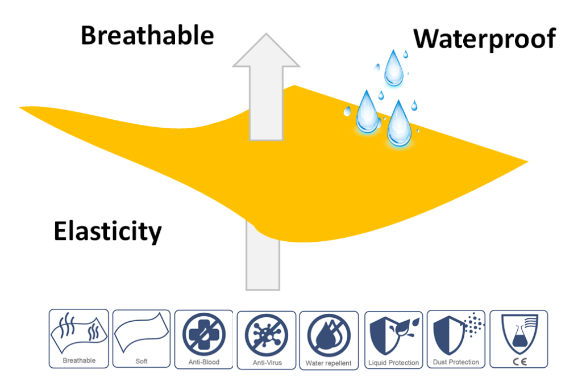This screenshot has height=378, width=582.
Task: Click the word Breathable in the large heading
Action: tap(147, 36)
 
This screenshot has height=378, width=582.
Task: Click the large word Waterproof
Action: tap(484, 39)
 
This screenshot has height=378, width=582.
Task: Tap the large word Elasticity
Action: tap(107, 232)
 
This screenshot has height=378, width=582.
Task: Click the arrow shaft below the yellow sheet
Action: tap(263, 259)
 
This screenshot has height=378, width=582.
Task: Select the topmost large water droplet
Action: tap(393, 69)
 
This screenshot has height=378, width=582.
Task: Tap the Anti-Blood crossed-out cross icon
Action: tap(204, 334)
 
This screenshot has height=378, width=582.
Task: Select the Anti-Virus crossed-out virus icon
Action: tap(266, 335)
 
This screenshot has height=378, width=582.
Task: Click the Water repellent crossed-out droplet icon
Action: tap(329, 335)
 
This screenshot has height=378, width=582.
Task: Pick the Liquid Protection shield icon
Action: tap(393, 335)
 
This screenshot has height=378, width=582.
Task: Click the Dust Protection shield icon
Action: tap(456, 334)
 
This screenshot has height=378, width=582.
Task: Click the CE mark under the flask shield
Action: tap(519, 362)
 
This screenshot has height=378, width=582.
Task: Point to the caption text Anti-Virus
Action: tap(267, 363)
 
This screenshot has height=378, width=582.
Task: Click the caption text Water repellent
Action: tap(329, 363)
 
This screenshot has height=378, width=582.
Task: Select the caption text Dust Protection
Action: tap(456, 362)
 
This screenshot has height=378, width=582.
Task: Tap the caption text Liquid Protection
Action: tap(393, 363)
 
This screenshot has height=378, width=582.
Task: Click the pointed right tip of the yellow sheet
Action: tap(527, 162)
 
